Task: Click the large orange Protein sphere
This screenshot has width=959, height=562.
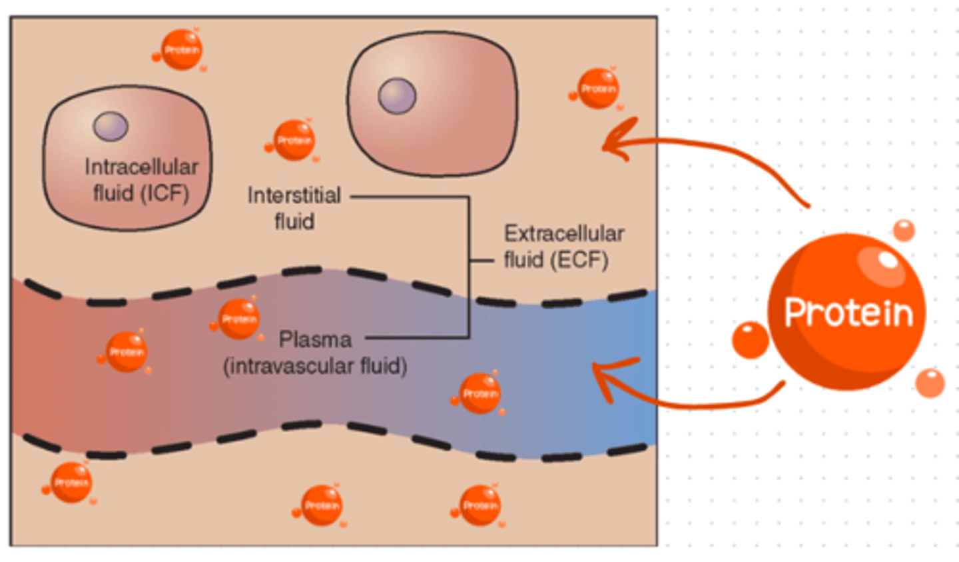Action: (846, 311)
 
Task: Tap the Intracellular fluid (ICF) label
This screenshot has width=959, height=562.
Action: (141, 179)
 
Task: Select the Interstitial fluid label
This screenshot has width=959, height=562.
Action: (294, 208)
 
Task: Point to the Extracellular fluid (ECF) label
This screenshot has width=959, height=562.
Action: (563, 246)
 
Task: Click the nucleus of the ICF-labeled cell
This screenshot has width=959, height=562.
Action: (111, 126)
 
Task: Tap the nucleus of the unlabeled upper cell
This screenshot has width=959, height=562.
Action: (397, 96)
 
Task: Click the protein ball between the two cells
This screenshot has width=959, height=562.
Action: (294, 141)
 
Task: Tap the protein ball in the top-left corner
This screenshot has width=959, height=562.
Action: (181, 50)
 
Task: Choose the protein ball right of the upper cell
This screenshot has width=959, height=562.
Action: (597, 89)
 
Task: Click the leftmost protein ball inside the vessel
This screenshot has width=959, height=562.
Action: (126, 352)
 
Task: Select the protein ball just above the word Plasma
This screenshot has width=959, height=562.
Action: (238, 319)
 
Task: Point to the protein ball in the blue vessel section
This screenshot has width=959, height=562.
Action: (479, 394)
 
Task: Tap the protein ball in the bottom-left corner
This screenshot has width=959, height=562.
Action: (71, 483)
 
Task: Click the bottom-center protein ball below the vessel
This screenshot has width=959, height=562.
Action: (322, 505)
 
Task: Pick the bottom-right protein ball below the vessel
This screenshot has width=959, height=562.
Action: (479, 505)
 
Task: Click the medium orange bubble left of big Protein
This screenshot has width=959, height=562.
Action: (751, 340)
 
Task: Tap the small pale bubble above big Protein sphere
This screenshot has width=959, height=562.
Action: (904, 230)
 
